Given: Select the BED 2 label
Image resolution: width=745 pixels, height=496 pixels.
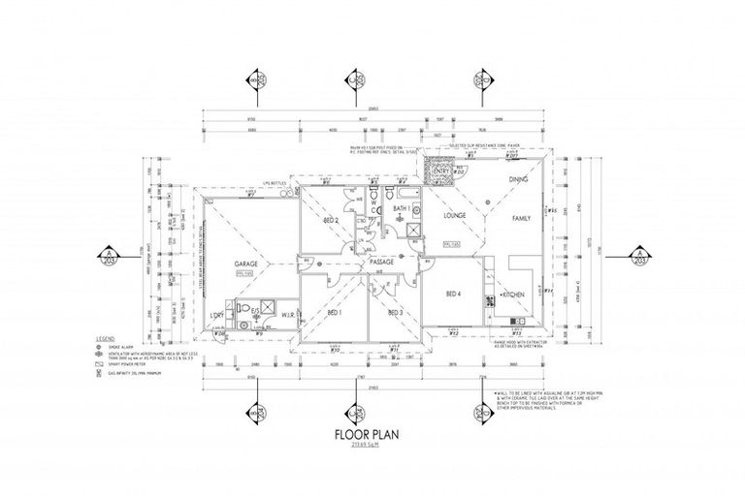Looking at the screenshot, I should point(331,221).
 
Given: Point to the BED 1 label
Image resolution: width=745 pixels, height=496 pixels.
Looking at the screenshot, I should point(333,313).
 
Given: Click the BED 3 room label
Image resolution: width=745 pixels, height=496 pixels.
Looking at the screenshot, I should point(395,313).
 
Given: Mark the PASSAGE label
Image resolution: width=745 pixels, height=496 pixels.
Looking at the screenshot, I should point(381,263).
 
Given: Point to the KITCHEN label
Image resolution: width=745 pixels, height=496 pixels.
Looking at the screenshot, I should point(514,292).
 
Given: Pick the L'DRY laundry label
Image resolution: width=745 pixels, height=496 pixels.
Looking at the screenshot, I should point(217,316).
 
